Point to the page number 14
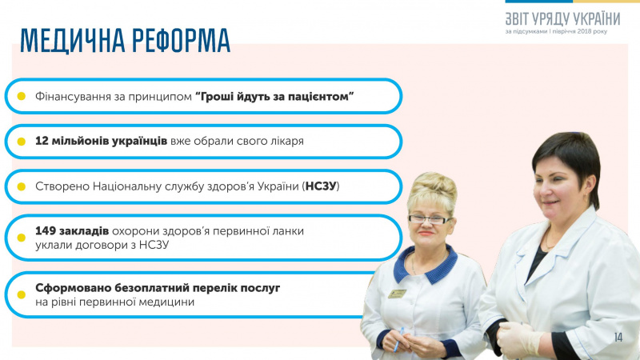(x=618, y=336)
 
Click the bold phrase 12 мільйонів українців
(x=102, y=141)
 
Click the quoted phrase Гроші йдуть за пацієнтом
(x=274, y=96)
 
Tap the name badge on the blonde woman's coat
(x=398, y=294)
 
